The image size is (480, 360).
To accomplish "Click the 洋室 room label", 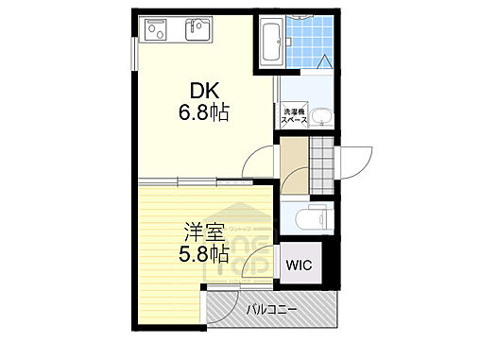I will pyautogui.click(x=203, y=231).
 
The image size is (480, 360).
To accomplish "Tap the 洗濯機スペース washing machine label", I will pyautogui.click(x=295, y=117).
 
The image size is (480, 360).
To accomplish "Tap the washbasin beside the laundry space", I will pyautogui.click(x=322, y=117).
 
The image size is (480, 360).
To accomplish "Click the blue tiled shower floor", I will pyautogui.click(x=310, y=43).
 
